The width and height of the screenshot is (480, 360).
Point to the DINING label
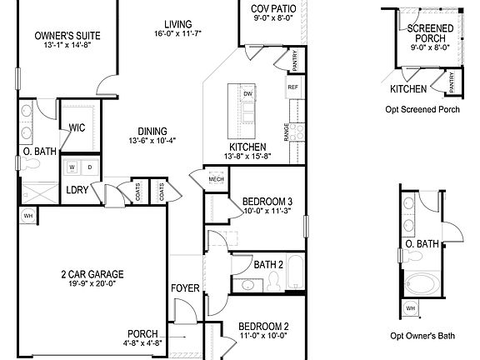coord(147,131)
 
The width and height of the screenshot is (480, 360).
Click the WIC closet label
coord(77,128)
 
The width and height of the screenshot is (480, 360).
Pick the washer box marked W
coord(72,167)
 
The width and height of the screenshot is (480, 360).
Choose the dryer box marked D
coord(90,167)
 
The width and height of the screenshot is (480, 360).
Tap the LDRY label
coord(77,190)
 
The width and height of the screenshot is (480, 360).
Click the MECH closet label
coord(217,179)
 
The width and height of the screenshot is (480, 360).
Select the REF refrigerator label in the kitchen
coord(292,87)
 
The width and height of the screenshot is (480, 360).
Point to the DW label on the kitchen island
coord(247,94)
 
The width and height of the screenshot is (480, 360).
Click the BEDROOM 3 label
coord(267,202)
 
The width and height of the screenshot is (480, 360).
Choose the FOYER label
coord(185,288)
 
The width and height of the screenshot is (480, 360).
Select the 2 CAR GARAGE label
coord(92,274)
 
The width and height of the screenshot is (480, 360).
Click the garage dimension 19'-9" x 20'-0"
coord(92,285)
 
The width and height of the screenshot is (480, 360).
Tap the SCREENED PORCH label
coord(429,33)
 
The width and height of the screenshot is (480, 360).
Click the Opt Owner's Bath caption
coord(422,337)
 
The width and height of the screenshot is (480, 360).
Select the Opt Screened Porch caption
coord(424,109)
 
